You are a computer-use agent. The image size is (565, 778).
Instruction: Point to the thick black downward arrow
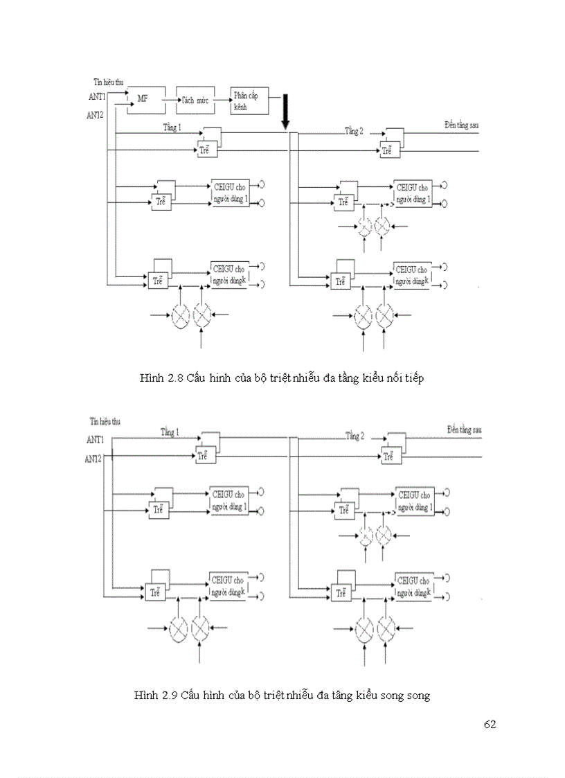tap(285, 111)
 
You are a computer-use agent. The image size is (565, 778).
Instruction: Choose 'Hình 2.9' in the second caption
tap(156, 695)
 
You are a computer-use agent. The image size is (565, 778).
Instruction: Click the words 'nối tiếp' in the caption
tap(404, 378)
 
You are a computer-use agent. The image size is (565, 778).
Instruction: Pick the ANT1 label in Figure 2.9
tap(96, 439)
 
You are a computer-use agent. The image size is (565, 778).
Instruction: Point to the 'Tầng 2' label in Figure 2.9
tap(355, 436)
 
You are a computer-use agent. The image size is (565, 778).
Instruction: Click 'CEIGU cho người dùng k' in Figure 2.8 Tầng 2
tap(413, 274)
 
